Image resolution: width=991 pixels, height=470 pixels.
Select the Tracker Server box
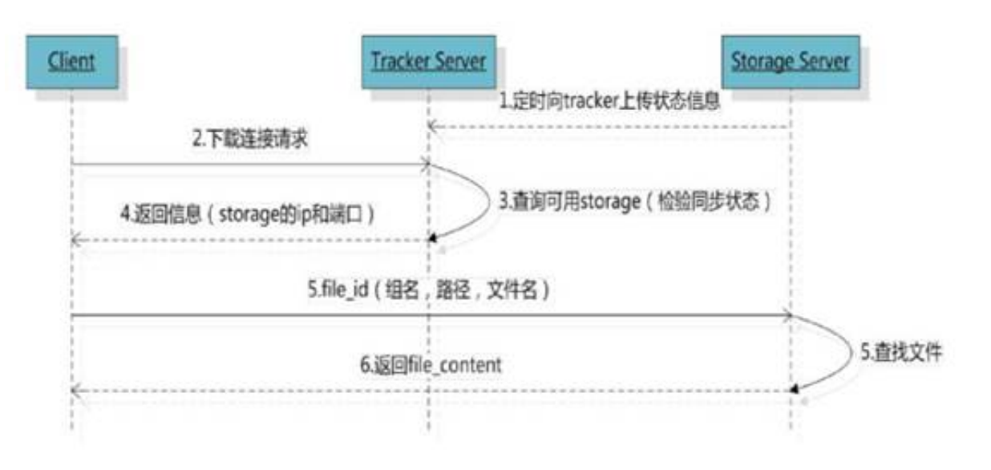(428, 61)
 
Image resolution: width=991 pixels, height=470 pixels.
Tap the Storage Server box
(791, 61)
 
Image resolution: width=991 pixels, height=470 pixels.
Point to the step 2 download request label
(250, 140)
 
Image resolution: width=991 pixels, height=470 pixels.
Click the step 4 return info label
(248, 214)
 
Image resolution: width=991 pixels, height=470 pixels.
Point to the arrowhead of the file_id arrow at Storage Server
(788, 316)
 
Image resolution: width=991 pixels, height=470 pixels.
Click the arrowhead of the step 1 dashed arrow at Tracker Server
(433, 126)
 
